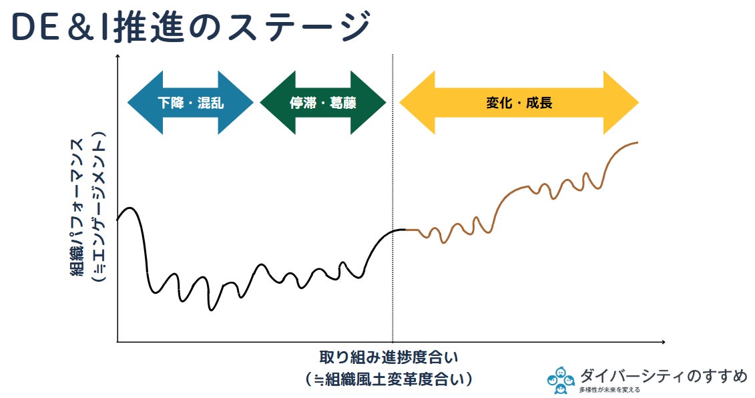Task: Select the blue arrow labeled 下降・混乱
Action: coord(190,103)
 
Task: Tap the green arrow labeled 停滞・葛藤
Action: coord(322,103)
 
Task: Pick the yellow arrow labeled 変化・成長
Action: coord(519,103)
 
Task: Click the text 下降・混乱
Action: coord(191,103)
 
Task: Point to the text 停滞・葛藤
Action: coord(322,103)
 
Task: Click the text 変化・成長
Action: coord(519,103)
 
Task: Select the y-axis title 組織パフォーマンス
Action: coord(78,207)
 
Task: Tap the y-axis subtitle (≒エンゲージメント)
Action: coord(99,206)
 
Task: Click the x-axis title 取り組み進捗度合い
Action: coord(389,357)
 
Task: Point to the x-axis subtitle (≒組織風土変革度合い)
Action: coord(389,379)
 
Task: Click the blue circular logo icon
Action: coord(561,380)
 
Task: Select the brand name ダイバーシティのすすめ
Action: coord(664,376)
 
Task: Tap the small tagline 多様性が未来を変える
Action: coord(609,390)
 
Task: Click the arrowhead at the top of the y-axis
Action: coord(117,57)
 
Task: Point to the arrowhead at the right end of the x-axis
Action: coord(663,342)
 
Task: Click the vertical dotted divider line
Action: coord(393,198)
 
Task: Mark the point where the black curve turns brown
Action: coord(406,230)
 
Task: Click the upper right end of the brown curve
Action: coord(638,142)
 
